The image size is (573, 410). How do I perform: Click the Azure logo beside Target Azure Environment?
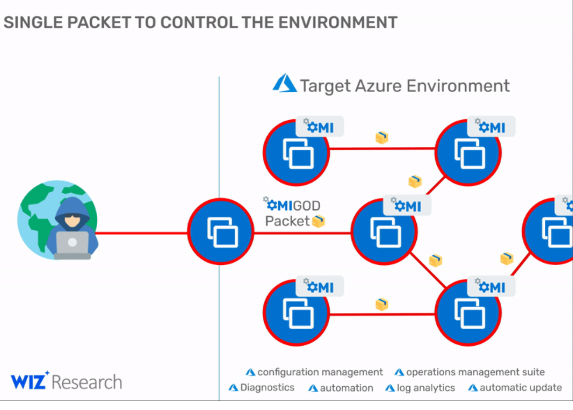(x=284, y=84)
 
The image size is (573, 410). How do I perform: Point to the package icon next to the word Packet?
(x=319, y=221)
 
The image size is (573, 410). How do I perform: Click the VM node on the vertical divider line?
(x=220, y=231)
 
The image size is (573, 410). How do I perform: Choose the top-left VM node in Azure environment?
(x=296, y=152)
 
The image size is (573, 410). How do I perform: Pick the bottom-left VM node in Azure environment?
(x=296, y=312)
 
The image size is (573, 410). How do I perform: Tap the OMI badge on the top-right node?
(x=491, y=126)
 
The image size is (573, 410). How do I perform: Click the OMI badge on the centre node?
(x=407, y=206)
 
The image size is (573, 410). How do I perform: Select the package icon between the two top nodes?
(x=381, y=137)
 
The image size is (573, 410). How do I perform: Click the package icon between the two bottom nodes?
(x=381, y=304)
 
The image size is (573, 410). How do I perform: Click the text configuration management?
(x=320, y=372)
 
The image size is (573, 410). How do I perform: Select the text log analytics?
(x=425, y=388)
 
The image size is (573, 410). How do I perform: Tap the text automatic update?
(x=520, y=388)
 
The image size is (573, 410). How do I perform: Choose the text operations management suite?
(x=475, y=372)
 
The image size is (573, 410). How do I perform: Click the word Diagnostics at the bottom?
(x=267, y=388)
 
